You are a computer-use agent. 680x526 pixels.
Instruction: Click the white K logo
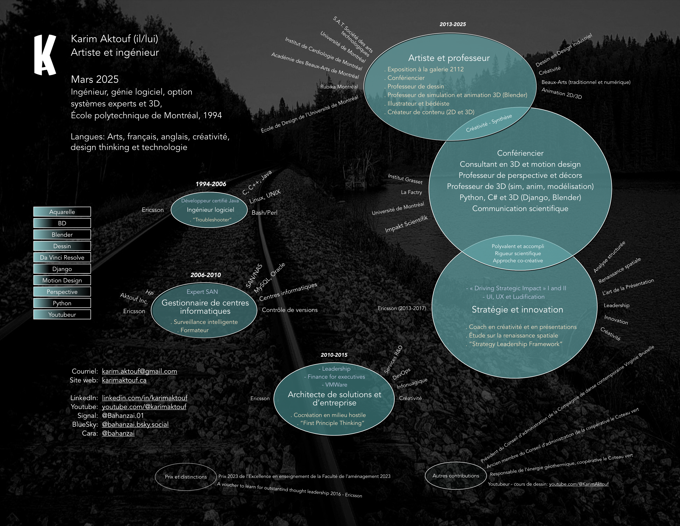click(x=45, y=55)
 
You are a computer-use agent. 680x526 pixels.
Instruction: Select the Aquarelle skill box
click(x=62, y=212)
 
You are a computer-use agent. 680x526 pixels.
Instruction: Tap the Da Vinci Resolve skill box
click(x=62, y=257)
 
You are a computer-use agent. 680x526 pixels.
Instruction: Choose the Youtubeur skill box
click(x=62, y=314)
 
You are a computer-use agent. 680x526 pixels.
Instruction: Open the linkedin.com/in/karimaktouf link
click(x=144, y=398)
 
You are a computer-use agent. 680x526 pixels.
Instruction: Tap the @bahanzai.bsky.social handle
click(x=135, y=425)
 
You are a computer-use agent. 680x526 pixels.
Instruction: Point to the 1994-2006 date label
click(x=211, y=184)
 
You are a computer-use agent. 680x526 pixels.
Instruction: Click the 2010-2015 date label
click(x=334, y=355)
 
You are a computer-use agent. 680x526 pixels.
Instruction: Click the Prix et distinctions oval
click(x=186, y=477)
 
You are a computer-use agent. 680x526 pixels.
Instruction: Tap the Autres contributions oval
click(x=456, y=475)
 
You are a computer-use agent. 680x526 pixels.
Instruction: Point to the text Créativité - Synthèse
click(x=489, y=123)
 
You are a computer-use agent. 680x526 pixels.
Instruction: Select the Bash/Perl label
click(x=264, y=212)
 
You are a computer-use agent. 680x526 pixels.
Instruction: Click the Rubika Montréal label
click(x=339, y=87)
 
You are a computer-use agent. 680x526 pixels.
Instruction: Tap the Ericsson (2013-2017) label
click(x=402, y=308)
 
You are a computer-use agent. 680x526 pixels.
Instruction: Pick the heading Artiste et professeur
click(x=449, y=58)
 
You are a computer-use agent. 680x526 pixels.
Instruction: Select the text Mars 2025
click(x=95, y=79)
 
